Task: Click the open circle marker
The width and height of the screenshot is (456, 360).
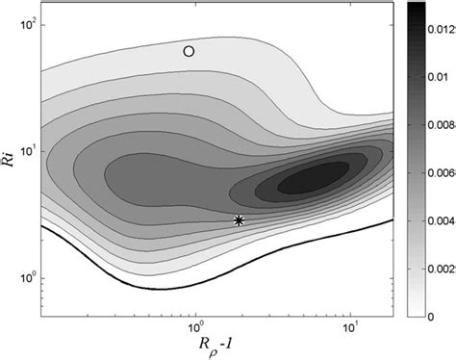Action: point(190,51)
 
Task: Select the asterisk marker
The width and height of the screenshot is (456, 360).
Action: point(239,247)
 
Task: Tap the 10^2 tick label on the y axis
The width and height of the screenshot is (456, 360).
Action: point(25,23)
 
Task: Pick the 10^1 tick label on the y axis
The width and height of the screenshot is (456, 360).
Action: point(25,150)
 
